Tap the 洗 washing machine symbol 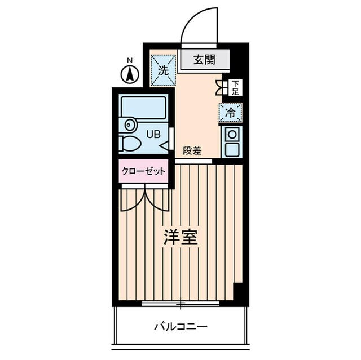[163, 70]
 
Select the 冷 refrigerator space [230, 112]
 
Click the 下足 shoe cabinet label [235, 87]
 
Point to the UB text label [153, 134]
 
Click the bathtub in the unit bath [143, 107]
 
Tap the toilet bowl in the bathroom [131, 143]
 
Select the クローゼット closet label [143, 171]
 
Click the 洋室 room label [180, 237]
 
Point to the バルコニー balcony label [180, 326]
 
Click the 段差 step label [192, 150]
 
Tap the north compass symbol [130, 74]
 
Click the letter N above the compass [130, 60]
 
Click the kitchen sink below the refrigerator [231, 142]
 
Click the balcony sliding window [180, 305]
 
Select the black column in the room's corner [239, 293]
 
